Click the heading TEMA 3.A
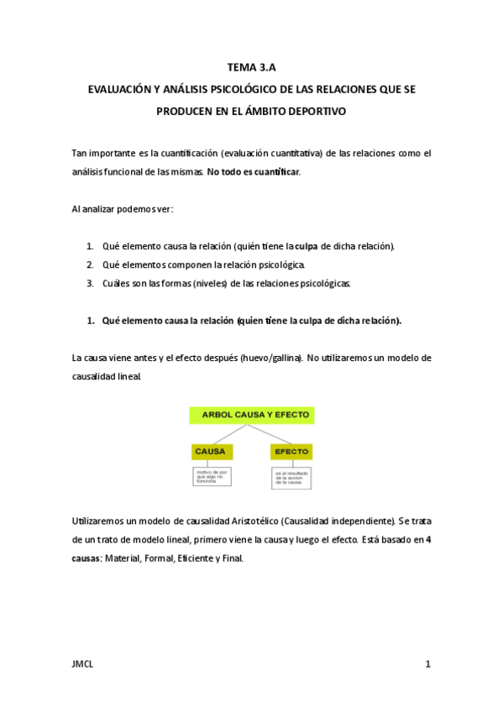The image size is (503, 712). tap(251, 69)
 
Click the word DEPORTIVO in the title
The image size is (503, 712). tap(315, 110)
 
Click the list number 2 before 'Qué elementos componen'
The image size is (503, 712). tap(90, 264)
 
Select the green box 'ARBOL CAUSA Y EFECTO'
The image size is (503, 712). tap(251, 415)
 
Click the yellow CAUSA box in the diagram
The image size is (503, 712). tap(211, 452)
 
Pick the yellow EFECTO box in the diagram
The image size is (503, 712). tap(291, 452)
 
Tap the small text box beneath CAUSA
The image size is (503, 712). tap(211, 477)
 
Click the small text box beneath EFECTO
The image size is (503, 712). tap(291, 478)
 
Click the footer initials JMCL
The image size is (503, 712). tap(83, 664)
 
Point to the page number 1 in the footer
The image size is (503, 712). tap(427, 664)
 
